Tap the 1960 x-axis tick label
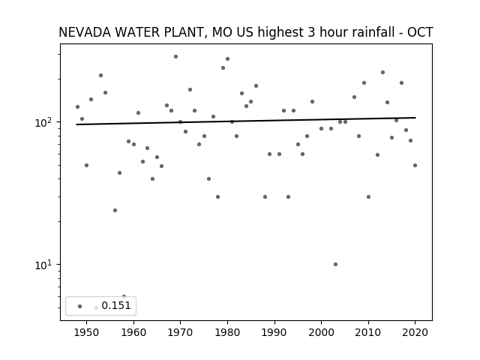133,332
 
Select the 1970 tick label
180,332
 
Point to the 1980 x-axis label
227,332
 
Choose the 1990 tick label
274,332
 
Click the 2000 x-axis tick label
321,332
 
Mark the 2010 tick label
368,332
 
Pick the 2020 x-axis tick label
415,332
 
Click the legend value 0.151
116,305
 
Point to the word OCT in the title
420,33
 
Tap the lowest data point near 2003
335,264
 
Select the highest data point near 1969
175,56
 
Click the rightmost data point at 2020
415,165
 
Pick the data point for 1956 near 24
115,210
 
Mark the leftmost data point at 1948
77,106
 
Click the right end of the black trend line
415,118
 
